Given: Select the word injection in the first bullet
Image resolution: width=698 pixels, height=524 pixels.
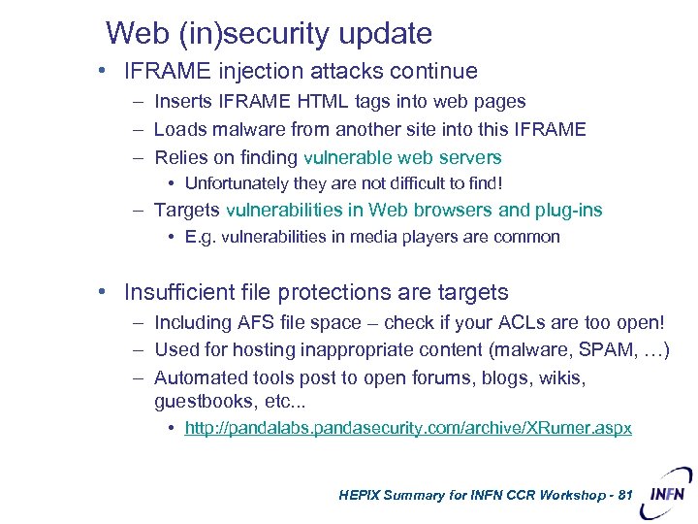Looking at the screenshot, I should [257, 72].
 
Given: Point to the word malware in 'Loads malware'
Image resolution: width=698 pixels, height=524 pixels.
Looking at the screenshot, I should [254, 129].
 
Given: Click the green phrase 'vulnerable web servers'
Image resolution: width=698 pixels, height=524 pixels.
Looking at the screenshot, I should [402, 157].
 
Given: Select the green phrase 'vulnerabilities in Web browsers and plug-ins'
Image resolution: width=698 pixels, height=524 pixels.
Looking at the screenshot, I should [414, 210].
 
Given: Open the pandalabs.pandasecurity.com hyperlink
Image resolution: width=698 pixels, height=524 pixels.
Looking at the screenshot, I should [407, 428].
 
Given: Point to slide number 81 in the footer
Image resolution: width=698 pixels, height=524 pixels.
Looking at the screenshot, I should [623, 495].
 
